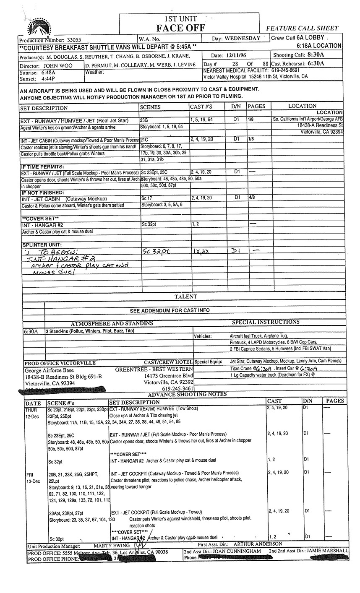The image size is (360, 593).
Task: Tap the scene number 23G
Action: pos(144,120)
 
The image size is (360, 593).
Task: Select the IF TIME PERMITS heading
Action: pos(39,166)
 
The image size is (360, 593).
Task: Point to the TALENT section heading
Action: pos(185,296)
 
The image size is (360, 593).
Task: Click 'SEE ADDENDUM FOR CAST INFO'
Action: pos(169,310)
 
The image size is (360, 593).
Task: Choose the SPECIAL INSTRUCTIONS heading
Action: pos(266,322)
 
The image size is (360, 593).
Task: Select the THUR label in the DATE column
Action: pos(31,408)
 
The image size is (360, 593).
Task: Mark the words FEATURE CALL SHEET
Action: pos(302,29)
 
